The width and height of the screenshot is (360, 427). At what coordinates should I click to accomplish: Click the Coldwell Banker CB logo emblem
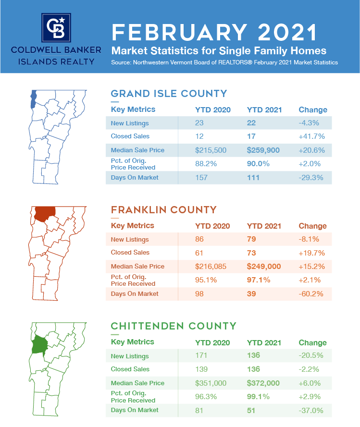(x=57, y=27)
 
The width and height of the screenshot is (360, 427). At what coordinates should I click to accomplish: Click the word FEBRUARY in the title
(x=180, y=33)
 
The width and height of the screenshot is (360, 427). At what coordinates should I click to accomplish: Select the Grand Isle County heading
(x=169, y=93)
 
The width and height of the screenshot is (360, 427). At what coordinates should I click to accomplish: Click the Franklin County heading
(x=163, y=210)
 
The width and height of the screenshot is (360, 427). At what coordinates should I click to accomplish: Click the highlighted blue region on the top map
(x=32, y=98)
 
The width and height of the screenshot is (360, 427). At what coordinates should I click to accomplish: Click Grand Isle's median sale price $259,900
(x=263, y=150)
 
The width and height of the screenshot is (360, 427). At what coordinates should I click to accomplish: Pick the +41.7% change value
(x=312, y=136)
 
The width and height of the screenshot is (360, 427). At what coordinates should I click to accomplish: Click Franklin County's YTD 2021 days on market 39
(x=251, y=294)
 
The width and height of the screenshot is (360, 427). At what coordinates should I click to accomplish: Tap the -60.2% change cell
(x=311, y=294)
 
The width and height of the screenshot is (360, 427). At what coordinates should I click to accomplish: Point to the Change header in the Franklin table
(x=313, y=226)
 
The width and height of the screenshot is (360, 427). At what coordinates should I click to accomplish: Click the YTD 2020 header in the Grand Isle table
(x=212, y=110)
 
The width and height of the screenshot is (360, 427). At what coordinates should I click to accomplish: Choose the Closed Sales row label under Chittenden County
(x=130, y=369)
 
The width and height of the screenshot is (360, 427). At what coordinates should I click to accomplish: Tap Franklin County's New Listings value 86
(x=199, y=239)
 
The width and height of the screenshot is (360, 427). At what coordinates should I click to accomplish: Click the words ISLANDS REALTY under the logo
(x=57, y=61)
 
